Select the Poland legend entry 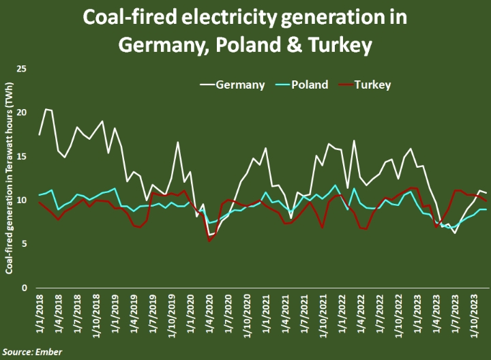pos(310,85)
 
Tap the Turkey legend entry pos(372,85)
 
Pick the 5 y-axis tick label pos(24,243)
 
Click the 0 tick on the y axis pos(24,287)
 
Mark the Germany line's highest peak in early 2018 pos(46,109)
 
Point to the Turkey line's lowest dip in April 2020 pos(209,241)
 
